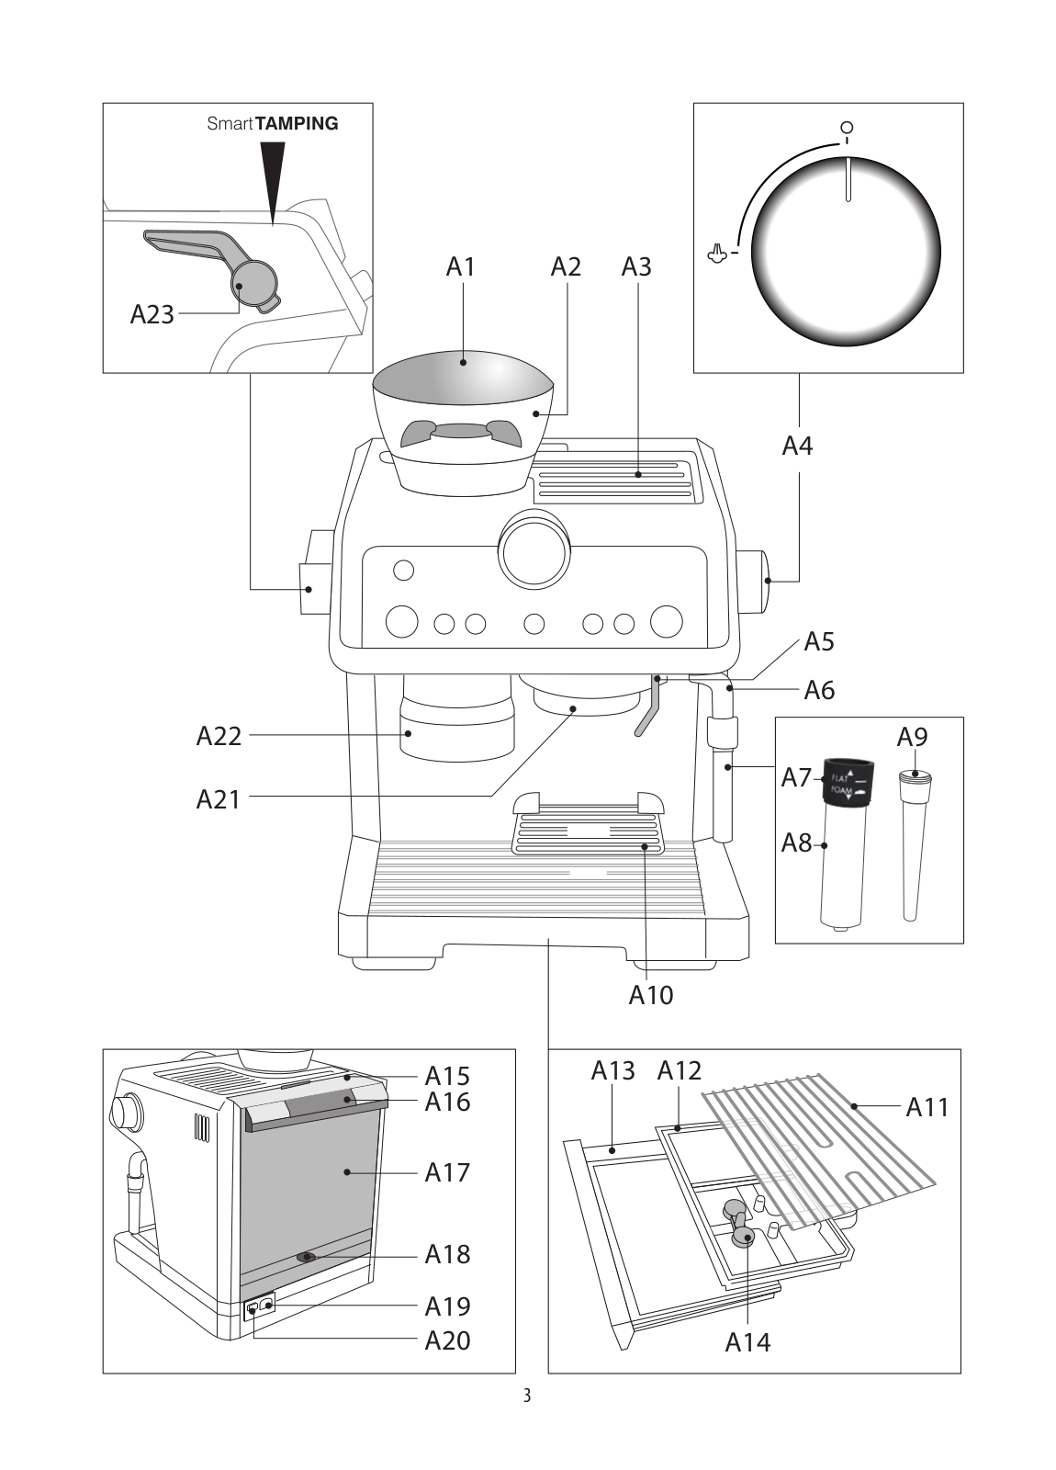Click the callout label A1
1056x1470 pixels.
(x=461, y=266)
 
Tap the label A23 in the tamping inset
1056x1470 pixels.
(x=152, y=315)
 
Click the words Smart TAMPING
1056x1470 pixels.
(x=273, y=123)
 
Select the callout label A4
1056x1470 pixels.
(x=797, y=447)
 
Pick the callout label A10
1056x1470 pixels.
(x=650, y=995)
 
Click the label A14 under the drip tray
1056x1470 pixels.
(x=747, y=1342)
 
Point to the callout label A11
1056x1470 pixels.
(x=927, y=1108)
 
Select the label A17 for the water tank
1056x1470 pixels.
(x=447, y=1172)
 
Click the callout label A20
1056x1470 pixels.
(x=447, y=1340)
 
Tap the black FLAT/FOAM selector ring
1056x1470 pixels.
(x=847, y=782)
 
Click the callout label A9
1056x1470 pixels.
(x=912, y=737)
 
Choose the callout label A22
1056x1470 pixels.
(x=219, y=735)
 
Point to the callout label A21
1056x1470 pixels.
(x=219, y=798)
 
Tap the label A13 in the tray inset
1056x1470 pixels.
(x=612, y=1070)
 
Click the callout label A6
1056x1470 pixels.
(x=819, y=690)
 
